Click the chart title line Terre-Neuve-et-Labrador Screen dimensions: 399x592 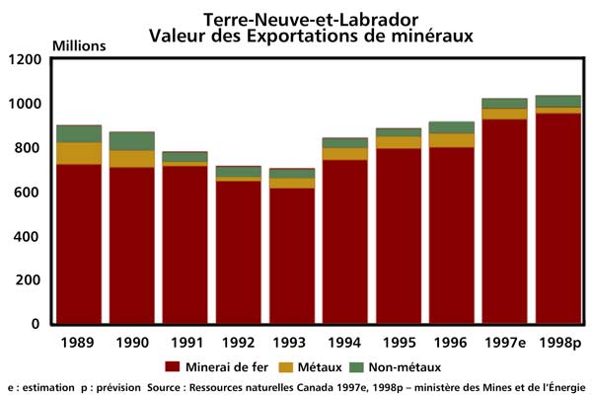click(295, 19)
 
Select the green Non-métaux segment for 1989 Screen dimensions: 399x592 click(79, 133)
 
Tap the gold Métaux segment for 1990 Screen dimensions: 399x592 click(132, 158)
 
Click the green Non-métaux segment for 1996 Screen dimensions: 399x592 click(452, 127)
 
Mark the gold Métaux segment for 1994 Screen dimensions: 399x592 click(345, 153)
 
